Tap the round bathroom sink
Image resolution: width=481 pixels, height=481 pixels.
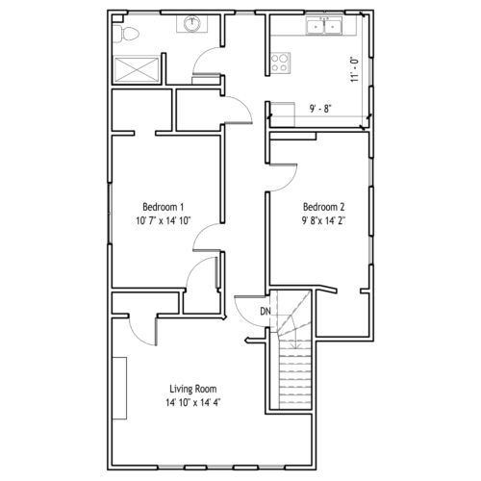tap(192, 24)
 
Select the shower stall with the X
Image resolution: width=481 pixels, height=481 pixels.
tap(137, 69)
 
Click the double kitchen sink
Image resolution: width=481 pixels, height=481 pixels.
tap(324, 26)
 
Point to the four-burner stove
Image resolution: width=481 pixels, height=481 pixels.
tap(280, 63)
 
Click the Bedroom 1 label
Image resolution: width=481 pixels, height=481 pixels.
tap(164, 207)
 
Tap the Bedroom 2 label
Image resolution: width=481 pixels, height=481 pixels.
tap(324, 207)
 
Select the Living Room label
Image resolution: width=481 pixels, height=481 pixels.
tap(193, 389)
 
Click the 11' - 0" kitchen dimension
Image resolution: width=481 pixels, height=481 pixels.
tap(354, 69)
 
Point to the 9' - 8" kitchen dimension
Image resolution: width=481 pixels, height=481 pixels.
tap(320, 109)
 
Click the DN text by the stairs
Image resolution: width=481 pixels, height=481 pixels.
tap(266, 311)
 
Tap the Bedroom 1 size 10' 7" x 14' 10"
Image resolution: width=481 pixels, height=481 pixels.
tap(164, 220)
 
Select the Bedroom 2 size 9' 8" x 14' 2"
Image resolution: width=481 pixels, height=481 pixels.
tap(324, 220)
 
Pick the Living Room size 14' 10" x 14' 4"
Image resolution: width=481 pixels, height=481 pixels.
tap(193, 402)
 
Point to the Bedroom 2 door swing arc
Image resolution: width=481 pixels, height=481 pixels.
tap(291, 181)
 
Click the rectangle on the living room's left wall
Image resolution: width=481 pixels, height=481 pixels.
tap(119, 388)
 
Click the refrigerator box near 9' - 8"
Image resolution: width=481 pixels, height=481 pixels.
tap(283, 114)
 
